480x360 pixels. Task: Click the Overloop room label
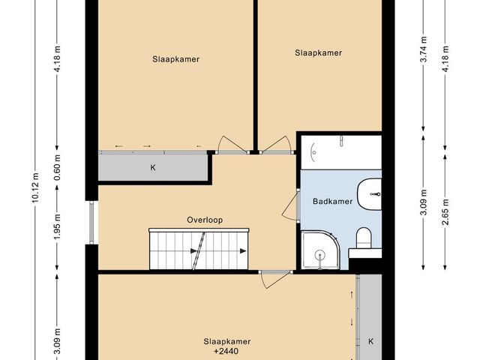click(205, 220)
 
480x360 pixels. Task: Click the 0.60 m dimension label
click(57, 164)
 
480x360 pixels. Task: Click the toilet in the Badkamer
click(364, 239)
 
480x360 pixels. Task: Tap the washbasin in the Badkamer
click(370, 194)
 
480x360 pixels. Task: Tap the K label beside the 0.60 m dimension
click(153, 167)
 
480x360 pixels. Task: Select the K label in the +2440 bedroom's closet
click(370, 342)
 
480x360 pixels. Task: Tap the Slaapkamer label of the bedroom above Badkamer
click(318, 52)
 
